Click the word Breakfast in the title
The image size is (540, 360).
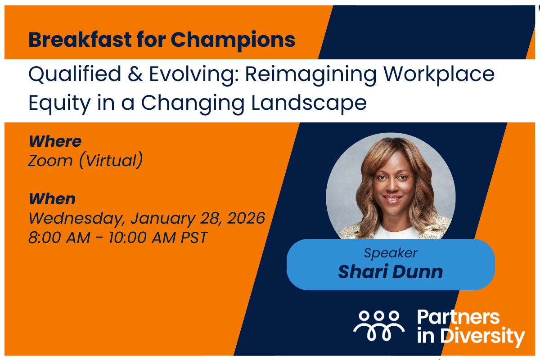80,39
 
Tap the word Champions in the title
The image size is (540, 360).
233,40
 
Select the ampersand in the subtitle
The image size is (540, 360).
135,74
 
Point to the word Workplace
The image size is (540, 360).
439,75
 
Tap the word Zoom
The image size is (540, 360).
50,161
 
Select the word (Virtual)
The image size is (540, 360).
111,160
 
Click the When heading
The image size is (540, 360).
52,199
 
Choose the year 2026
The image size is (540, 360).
246,218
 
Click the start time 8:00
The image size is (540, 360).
45,238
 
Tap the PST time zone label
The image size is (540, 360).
194,238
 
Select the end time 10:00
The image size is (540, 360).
127,238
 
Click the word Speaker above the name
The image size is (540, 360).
391,253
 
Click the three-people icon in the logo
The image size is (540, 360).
379,326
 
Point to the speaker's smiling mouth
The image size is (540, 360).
392,199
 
